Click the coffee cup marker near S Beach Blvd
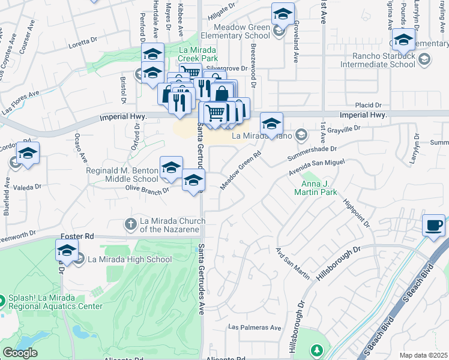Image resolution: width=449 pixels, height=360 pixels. (434, 226)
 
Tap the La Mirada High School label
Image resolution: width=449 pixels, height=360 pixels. (130, 259)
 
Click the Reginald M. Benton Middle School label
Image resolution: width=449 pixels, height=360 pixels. (122, 175)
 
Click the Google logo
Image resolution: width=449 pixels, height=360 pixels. (20, 353)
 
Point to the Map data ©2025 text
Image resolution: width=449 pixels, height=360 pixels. (424, 355)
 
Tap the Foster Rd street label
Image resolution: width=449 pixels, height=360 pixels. (77, 236)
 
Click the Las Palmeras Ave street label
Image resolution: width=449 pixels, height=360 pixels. (255, 328)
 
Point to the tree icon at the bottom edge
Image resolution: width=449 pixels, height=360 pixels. (317, 349)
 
